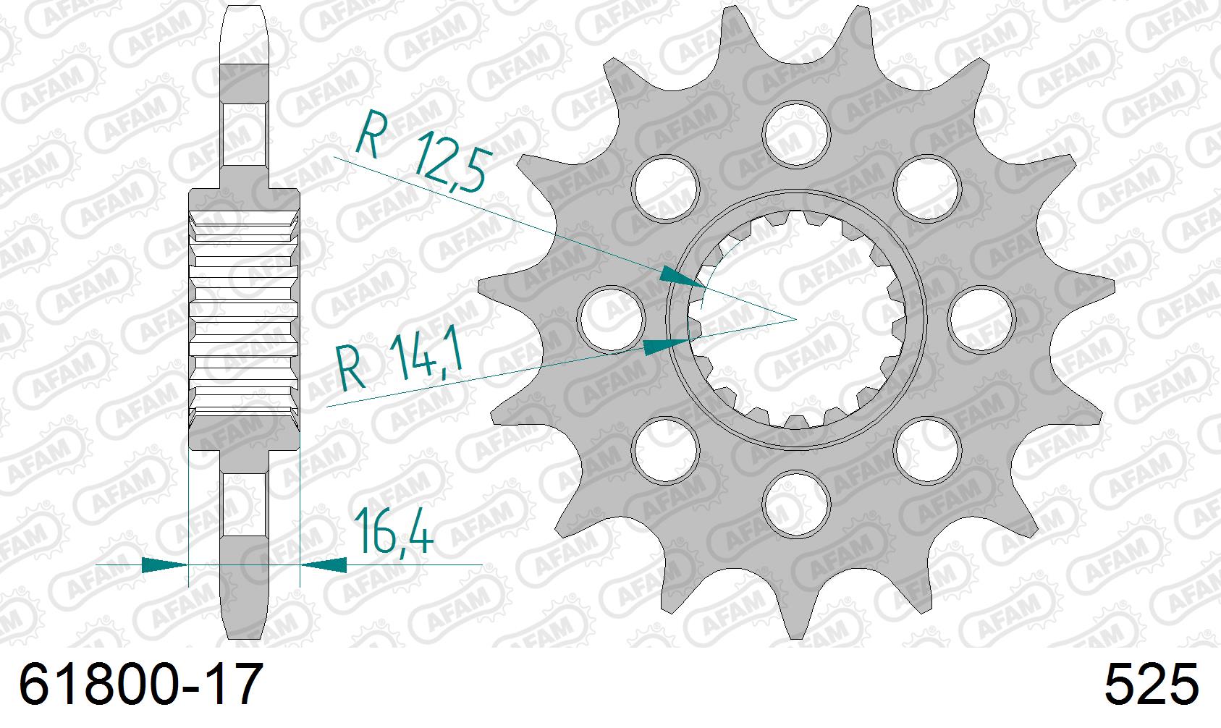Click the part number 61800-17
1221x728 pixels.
click(138, 685)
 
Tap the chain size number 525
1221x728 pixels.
click(1150, 685)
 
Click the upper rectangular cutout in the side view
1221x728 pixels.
click(244, 133)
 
